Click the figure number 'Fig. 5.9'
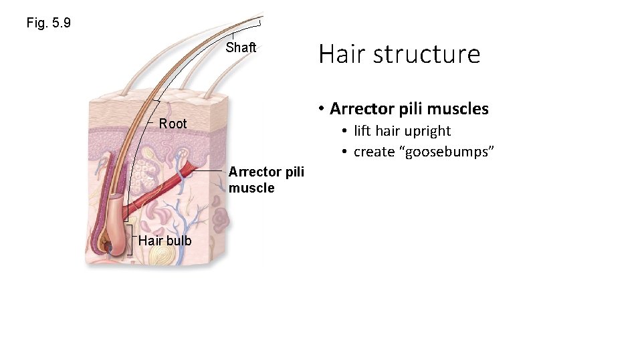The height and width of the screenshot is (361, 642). tap(49, 23)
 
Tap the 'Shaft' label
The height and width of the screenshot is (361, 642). tap(241, 47)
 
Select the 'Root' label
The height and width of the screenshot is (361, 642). tap(173, 124)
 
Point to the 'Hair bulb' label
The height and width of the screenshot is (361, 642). tap(165, 241)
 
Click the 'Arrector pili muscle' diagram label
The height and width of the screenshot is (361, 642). tap(266, 180)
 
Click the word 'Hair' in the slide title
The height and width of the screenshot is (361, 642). tap(339, 53)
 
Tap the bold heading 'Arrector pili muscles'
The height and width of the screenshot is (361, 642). tap(409, 108)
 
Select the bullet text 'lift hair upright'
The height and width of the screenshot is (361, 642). tap(402, 131)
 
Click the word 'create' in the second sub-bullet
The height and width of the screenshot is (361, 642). tap(374, 152)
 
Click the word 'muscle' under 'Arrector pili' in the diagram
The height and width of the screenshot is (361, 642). tap(251, 188)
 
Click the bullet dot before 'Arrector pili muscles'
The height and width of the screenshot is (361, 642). tap(322, 109)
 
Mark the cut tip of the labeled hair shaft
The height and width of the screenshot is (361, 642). tap(259, 21)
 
